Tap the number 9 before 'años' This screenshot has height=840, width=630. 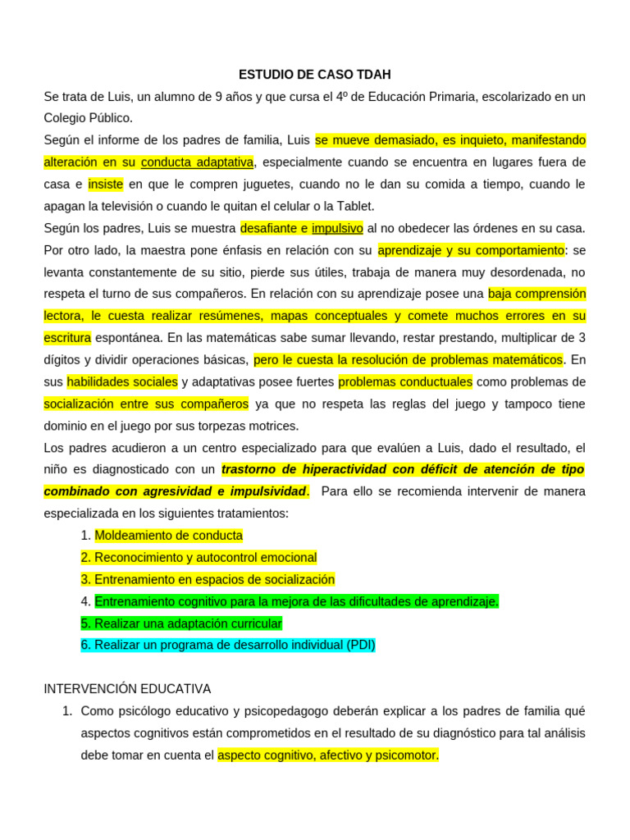point(218,97)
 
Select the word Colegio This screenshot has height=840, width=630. point(66,118)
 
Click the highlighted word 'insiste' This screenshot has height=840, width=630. point(105,184)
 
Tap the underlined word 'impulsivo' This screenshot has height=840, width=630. point(337,228)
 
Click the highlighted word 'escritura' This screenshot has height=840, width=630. point(67,337)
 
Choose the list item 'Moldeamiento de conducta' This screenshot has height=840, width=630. point(168,536)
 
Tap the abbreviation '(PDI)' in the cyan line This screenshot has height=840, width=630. point(359,646)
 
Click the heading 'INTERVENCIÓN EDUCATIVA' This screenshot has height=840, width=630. point(127,689)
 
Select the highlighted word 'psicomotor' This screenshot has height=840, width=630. point(408,756)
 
